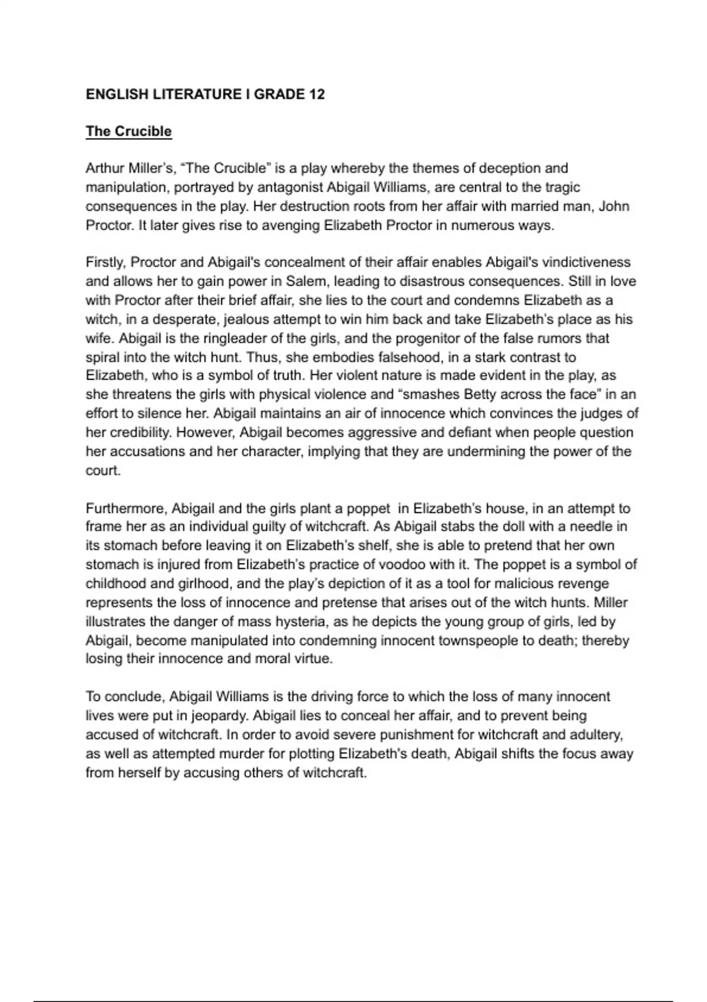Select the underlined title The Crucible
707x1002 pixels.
click(128, 131)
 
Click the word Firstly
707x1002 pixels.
click(105, 262)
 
